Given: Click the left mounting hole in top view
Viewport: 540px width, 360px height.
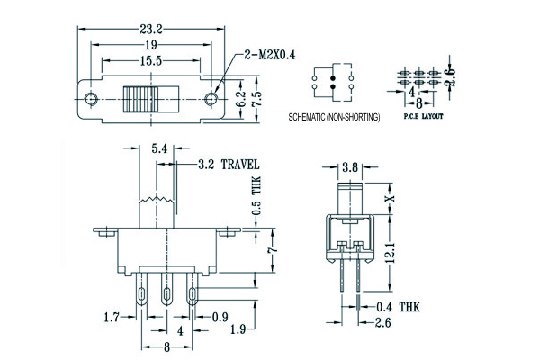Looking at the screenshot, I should point(90,97).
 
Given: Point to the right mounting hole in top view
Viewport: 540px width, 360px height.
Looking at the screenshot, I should point(212,97).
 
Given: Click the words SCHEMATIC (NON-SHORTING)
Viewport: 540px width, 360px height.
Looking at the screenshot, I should point(334,118).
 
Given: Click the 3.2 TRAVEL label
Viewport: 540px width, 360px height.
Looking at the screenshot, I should point(229,165).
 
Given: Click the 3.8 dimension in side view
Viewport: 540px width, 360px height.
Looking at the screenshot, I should point(351,166).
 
